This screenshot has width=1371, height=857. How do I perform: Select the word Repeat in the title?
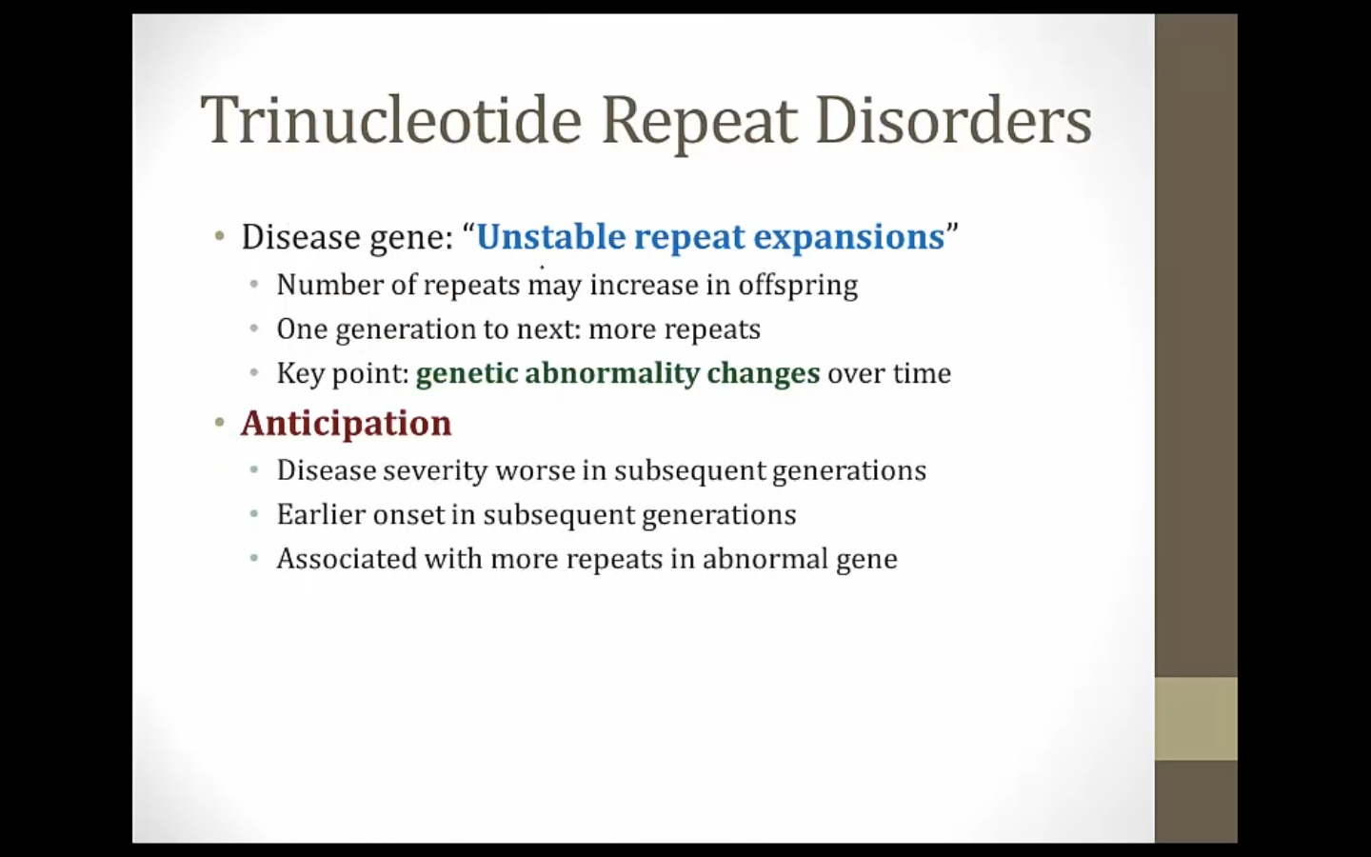699,123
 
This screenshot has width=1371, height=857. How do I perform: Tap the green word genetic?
467,374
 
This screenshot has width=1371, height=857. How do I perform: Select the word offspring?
798,286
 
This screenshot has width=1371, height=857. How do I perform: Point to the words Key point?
343,374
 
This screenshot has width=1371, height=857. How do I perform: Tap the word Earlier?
321,514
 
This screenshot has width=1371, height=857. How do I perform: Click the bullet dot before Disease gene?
220,236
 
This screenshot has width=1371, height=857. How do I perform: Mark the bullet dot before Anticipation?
220,423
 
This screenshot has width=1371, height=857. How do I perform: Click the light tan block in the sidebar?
1196,719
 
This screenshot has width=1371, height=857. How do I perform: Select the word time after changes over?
922,373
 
